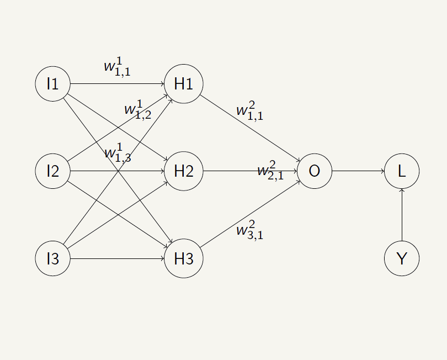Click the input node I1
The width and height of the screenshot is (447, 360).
(x=52, y=84)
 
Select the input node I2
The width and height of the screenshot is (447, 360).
(x=52, y=171)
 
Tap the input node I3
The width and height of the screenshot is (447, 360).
(x=52, y=258)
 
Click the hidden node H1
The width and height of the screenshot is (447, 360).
(x=183, y=84)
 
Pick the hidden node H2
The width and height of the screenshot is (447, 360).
(x=183, y=171)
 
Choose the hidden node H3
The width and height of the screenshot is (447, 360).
(x=183, y=258)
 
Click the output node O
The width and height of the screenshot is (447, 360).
(x=314, y=171)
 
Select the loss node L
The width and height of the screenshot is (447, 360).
(x=402, y=171)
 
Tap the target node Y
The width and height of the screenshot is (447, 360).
(x=402, y=258)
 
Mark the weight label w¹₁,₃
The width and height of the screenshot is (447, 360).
(x=117, y=152)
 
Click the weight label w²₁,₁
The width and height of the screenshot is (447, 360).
(x=249, y=110)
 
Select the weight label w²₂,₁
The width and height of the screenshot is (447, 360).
(x=270, y=171)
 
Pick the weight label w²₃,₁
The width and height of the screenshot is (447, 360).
(x=249, y=230)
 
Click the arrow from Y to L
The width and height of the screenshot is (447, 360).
(x=402, y=215)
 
